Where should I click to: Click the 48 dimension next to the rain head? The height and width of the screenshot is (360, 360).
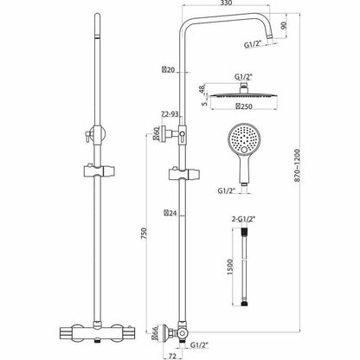point(204,90)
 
